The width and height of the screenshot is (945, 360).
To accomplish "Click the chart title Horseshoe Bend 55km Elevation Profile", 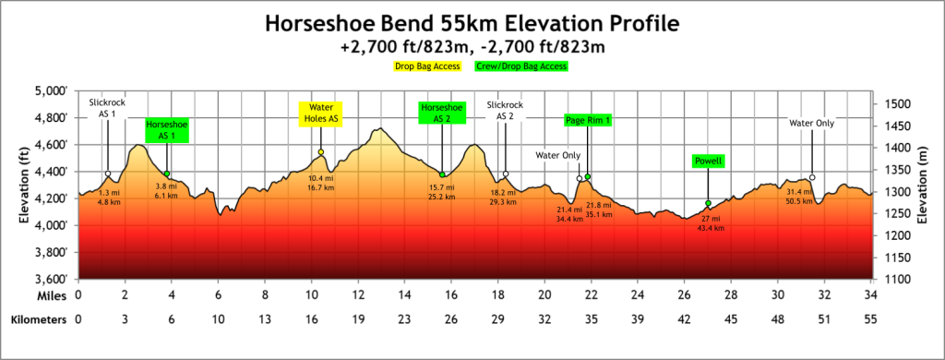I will click(472, 22).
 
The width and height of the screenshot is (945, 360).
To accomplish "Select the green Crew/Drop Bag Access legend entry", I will click(520, 66).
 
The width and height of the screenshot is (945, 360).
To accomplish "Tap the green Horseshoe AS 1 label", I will click(166, 130).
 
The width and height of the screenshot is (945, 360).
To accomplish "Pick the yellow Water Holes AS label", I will click(320, 113).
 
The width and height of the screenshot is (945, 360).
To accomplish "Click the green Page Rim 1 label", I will click(588, 120).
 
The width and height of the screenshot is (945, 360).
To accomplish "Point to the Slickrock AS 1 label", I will click(107, 107).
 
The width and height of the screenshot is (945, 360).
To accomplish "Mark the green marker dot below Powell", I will click(708, 203).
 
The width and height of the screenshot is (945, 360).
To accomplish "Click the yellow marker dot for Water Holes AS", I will click(320, 152).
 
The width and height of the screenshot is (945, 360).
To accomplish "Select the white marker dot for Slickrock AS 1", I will click(108, 174).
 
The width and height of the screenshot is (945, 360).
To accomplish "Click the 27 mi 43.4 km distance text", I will click(710, 223).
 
